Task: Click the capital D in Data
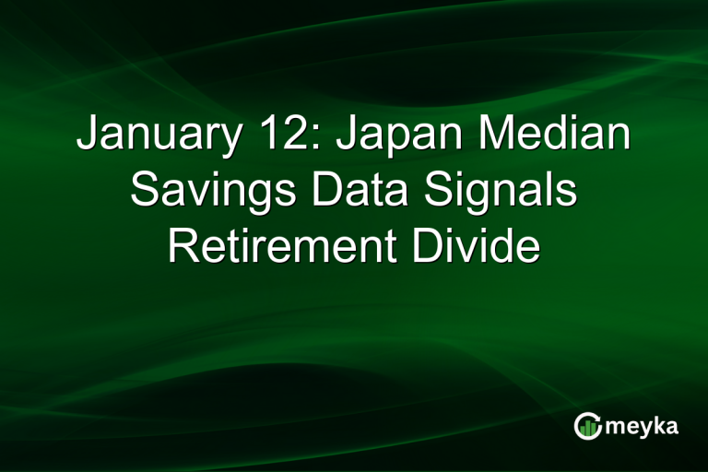click(323, 191)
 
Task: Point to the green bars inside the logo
click(587, 428)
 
